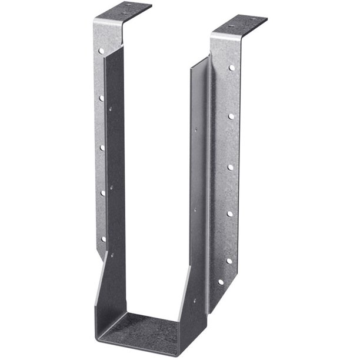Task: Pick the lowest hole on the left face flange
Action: pyautogui.click(x=104, y=239)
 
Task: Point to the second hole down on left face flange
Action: pyautogui.click(x=101, y=98)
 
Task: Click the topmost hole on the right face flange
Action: pyautogui.click(x=232, y=68)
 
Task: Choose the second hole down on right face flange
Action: pyautogui.click(x=231, y=116)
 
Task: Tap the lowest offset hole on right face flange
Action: pyautogui.click(x=221, y=282)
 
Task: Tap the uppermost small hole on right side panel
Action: pyautogui.click(x=196, y=126)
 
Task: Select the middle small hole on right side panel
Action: pyautogui.click(x=195, y=208)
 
